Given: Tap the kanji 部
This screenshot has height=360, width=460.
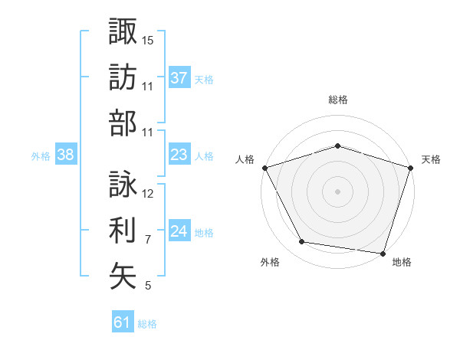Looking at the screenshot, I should click(x=123, y=122).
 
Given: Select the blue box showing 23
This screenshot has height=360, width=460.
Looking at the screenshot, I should click(x=179, y=155).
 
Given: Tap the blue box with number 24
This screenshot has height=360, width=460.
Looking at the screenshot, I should click(x=179, y=231).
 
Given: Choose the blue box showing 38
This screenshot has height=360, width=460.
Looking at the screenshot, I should click(x=66, y=155).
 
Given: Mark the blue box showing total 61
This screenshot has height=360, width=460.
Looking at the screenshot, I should click(x=123, y=322).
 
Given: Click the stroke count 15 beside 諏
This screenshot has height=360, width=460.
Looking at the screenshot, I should click(x=148, y=39).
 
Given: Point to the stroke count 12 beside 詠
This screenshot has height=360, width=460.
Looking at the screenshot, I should click(x=148, y=194).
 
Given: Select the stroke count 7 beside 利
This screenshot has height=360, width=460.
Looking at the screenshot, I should click(x=148, y=240).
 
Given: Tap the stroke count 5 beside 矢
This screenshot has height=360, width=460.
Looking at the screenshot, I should click(x=148, y=286).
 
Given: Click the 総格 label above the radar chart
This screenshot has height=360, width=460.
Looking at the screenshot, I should click(x=338, y=100).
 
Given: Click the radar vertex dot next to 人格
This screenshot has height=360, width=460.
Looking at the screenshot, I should click(x=264, y=168).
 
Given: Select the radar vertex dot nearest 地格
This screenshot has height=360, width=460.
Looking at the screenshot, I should click(x=383, y=253).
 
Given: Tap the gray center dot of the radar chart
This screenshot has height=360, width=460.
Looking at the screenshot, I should click(x=338, y=191).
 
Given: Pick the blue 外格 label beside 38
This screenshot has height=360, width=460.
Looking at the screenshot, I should click(x=41, y=155).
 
